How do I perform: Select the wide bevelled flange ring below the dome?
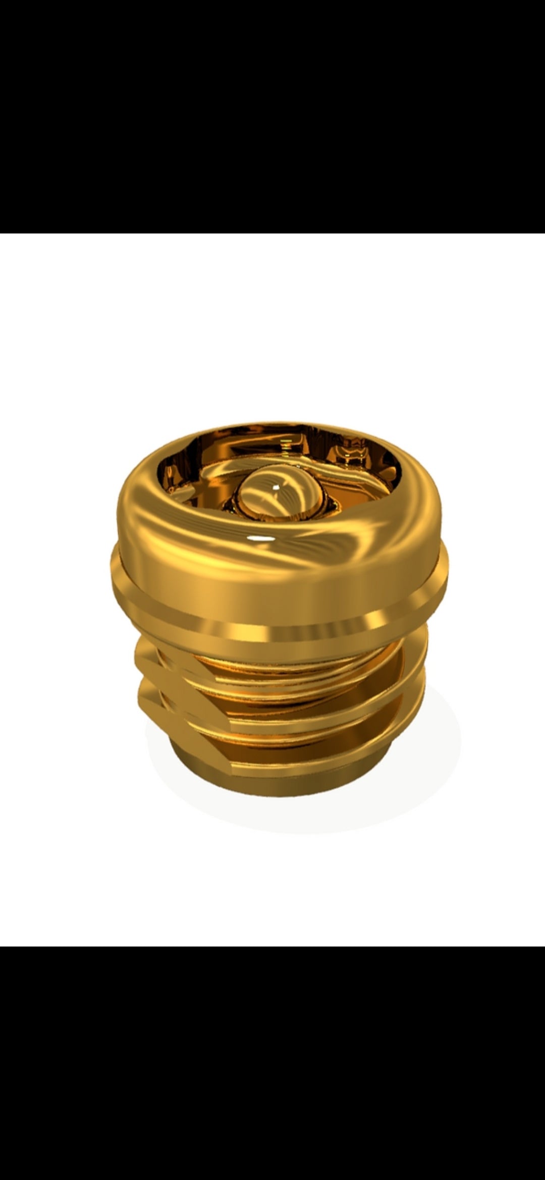point(278,600)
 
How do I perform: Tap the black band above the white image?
point(272,116)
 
